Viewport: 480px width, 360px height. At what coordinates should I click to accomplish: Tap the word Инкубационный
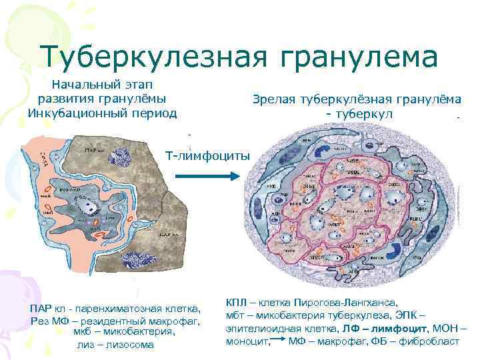tap(71, 113)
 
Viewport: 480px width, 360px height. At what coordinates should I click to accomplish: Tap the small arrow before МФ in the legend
tap(279, 341)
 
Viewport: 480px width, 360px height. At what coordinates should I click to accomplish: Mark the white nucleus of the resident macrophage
tap(88, 208)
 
